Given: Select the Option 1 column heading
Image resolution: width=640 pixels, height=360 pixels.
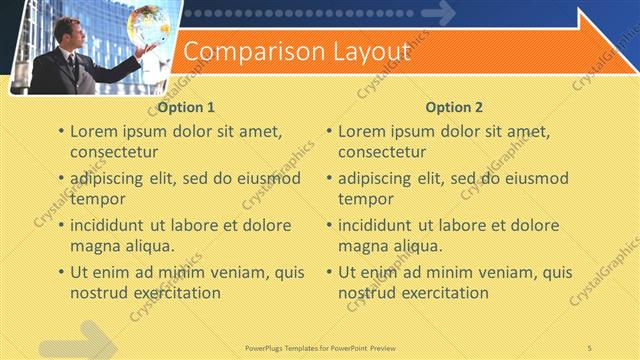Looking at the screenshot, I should pyautogui.click(x=187, y=107).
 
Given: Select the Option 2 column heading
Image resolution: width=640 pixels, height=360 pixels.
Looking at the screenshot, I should pyautogui.click(x=454, y=107).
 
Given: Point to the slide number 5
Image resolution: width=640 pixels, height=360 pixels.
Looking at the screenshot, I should pyautogui.click(x=589, y=346).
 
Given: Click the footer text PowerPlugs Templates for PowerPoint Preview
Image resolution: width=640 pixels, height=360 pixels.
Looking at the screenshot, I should pyautogui.click(x=319, y=346).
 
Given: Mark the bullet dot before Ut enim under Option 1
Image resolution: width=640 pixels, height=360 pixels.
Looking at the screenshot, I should pyautogui.click(x=61, y=273).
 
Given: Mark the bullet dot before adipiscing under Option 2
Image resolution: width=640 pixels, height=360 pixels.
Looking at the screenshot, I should pyautogui.click(x=329, y=179).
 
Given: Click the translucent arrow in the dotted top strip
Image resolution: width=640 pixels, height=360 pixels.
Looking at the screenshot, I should pyautogui.click(x=438, y=14).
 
